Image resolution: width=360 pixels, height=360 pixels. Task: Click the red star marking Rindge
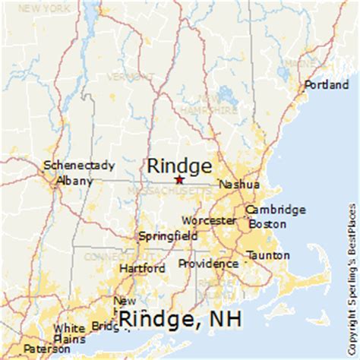pos(179,180)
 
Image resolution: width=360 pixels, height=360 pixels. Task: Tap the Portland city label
pos(327,85)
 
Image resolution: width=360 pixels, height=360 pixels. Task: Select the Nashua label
pos(238,185)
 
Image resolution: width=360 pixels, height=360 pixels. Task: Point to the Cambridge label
pos(274,209)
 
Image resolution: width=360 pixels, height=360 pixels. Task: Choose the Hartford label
pos(142,268)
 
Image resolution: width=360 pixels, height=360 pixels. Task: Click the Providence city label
pos(208,264)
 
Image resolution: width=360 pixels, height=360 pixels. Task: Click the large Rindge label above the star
pos(179,165)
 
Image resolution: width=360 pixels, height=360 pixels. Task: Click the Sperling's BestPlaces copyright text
pos(353,258)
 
